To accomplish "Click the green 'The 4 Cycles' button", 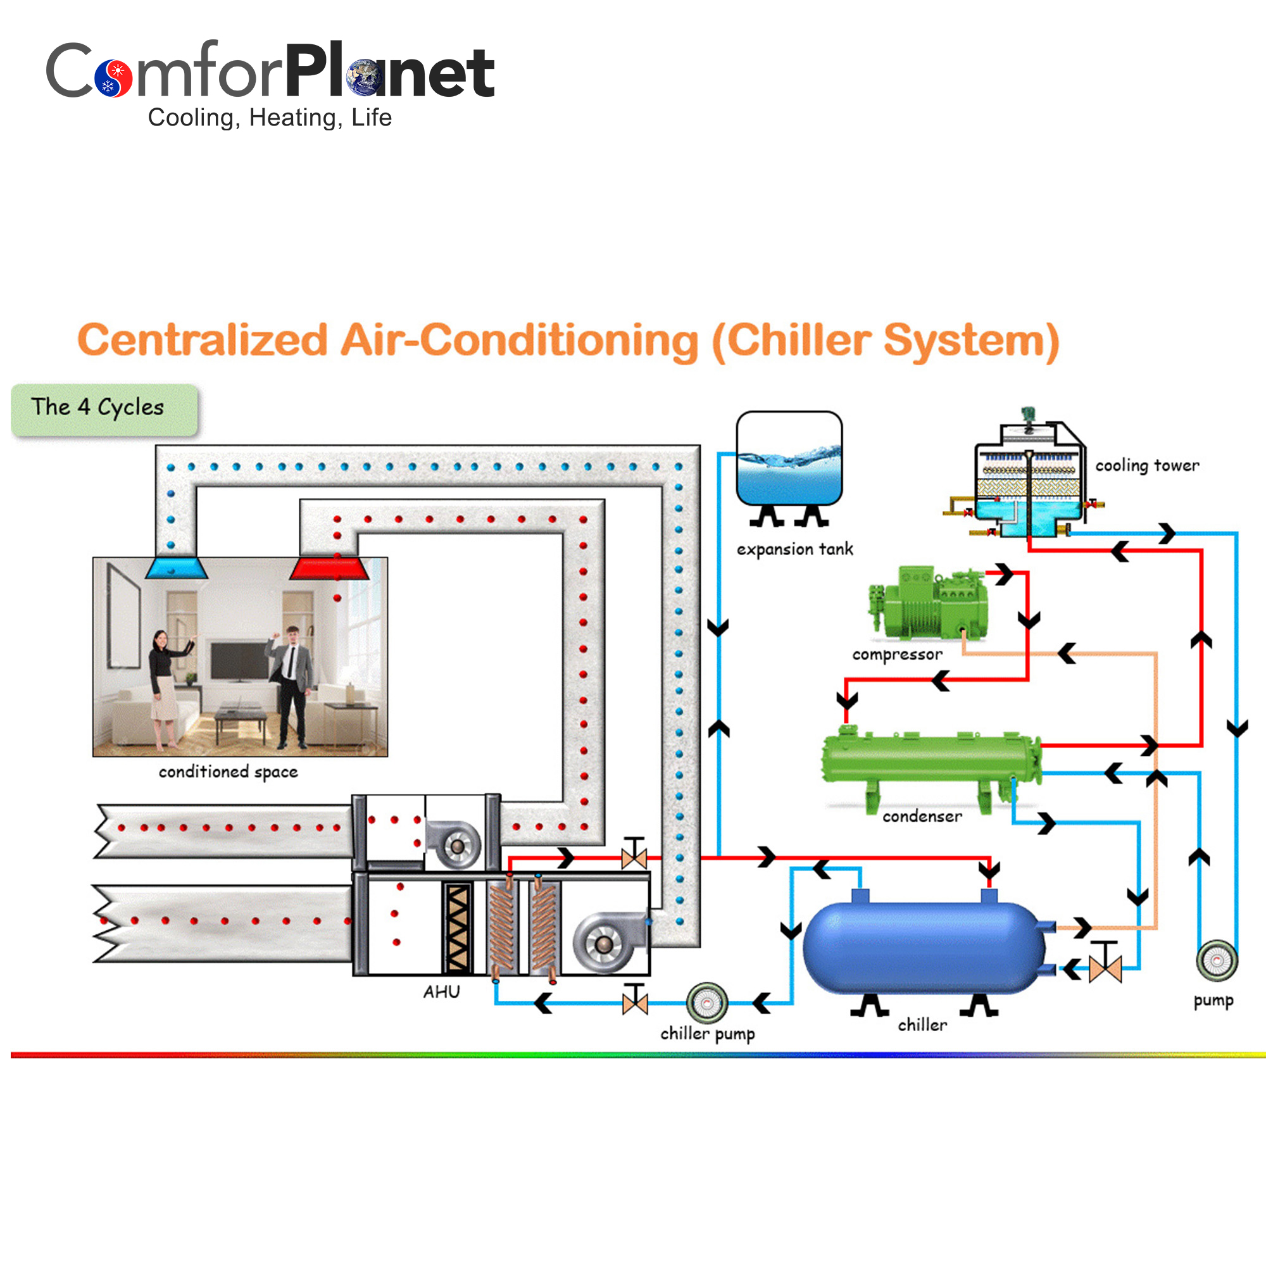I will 104,410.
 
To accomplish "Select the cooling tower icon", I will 1029,482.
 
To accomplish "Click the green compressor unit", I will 929,603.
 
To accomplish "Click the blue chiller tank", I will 924,947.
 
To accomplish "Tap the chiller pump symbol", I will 706,1003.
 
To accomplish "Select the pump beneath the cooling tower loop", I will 1217,961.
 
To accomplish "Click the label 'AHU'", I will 441,992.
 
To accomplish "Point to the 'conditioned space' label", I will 228,772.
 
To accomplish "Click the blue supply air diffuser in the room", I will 175,568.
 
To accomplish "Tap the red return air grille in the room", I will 330,568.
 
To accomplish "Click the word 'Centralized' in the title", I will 203,341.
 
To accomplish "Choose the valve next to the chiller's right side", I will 1105,968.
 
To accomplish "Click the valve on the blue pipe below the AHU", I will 634,1003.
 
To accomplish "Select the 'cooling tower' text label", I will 1147,465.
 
